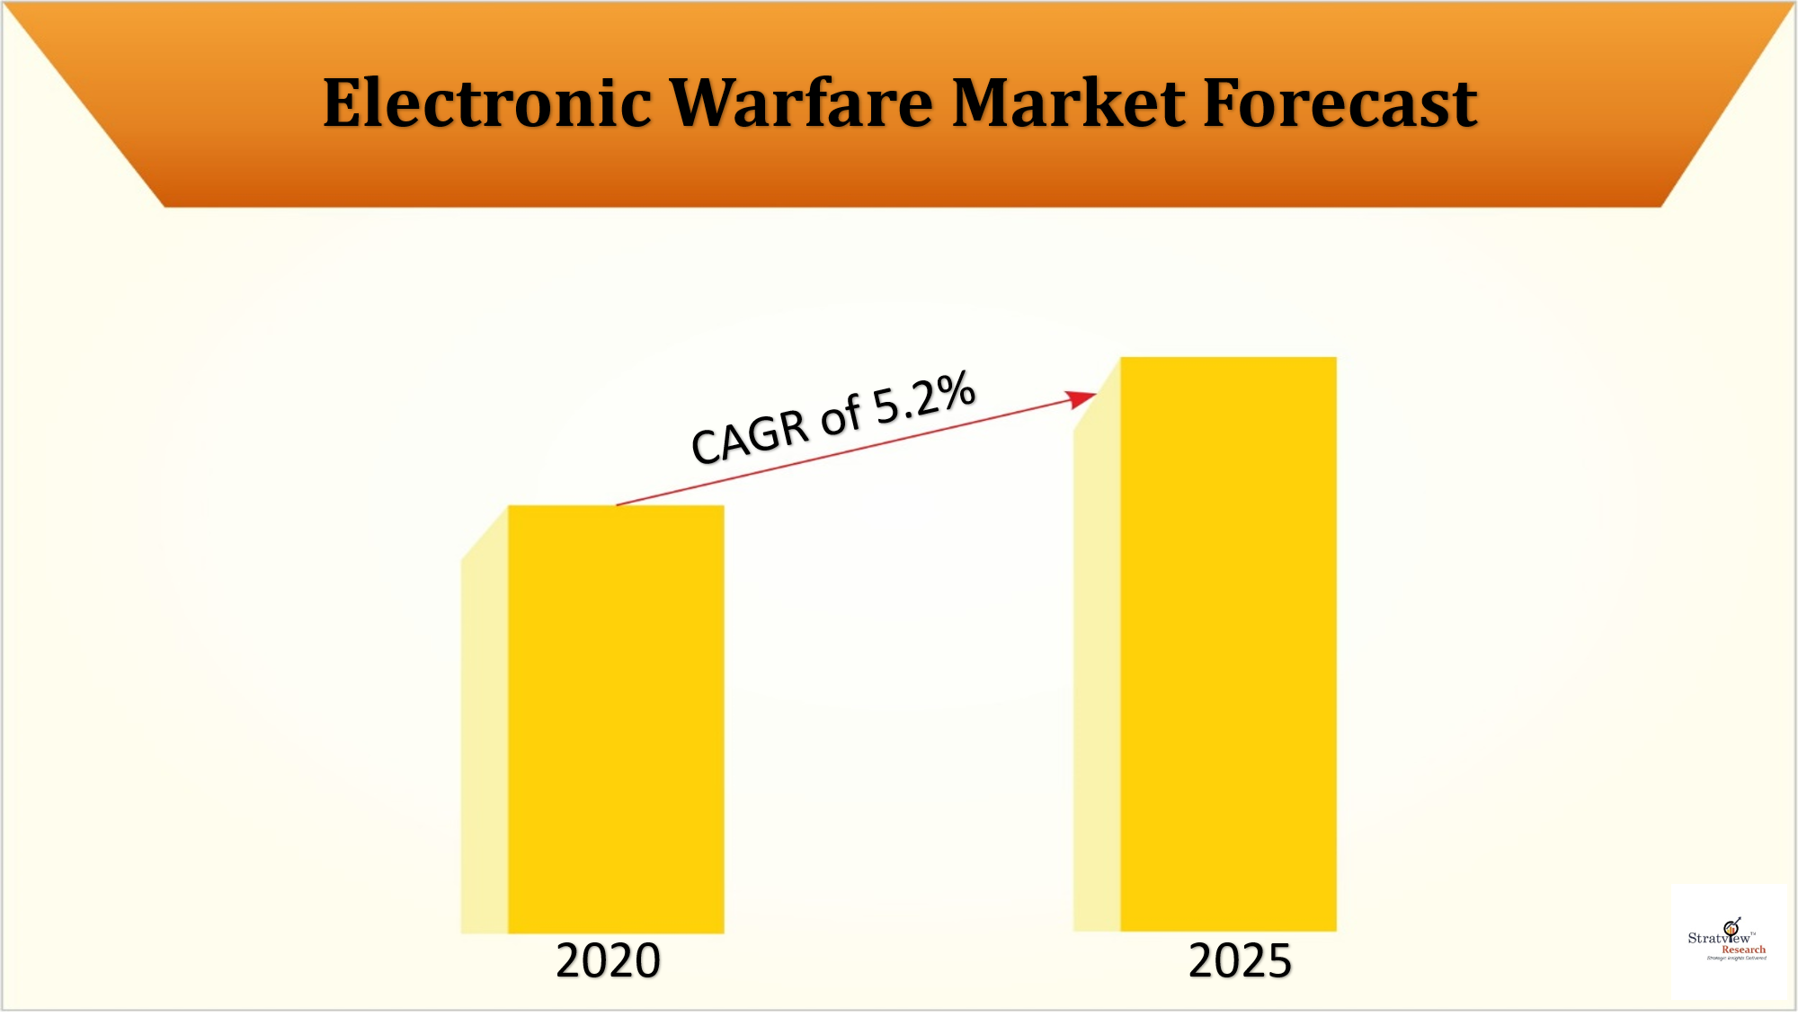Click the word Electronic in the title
tap(486, 103)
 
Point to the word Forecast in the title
tap(1340, 103)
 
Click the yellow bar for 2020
tap(616, 719)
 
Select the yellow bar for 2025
tap(1228, 644)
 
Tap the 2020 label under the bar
tap(608, 960)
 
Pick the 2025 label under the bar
tap(1240, 960)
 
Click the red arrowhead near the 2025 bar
tap(1081, 398)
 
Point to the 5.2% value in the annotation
tap(924, 397)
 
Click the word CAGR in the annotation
tap(750, 436)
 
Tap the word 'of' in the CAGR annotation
tap(841, 416)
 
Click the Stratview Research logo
tap(1727, 941)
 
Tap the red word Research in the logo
tap(1743, 950)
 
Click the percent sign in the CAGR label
tap(954, 389)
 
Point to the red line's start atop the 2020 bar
tap(619, 504)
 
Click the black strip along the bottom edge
tap(899, 1019)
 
